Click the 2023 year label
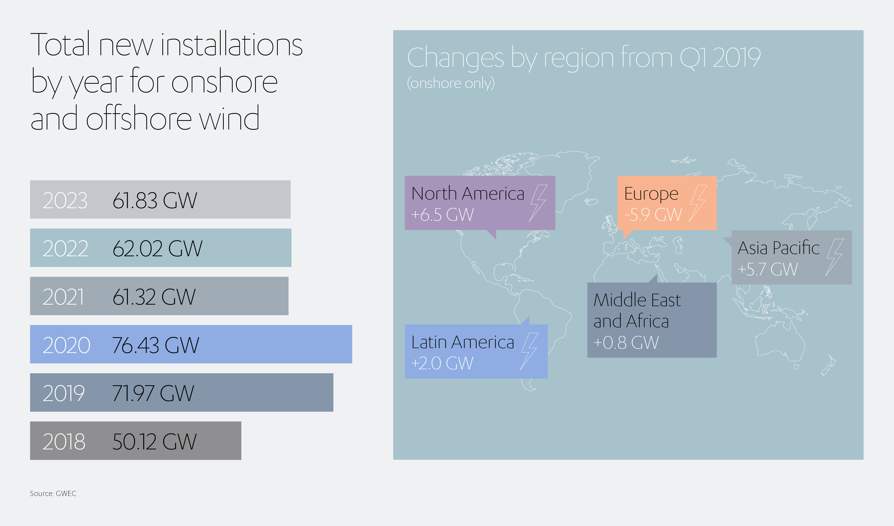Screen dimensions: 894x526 (x=65, y=200)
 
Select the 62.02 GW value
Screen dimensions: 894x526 (x=157, y=248)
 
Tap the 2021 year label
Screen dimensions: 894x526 (x=63, y=297)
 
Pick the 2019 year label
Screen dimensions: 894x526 (x=64, y=393)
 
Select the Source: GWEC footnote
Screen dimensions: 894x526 (x=53, y=493)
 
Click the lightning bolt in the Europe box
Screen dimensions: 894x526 (x=698, y=204)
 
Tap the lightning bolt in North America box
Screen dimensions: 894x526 (x=538, y=204)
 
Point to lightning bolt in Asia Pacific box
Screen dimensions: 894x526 (x=834, y=257)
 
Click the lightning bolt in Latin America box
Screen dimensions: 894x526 (x=529, y=351)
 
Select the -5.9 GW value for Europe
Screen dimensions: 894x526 (x=653, y=215)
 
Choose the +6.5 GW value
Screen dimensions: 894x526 (x=442, y=215)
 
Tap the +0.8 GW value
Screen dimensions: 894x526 (x=626, y=343)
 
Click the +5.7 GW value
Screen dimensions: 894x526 (x=768, y=269)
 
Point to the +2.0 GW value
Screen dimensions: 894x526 (x=442, y=363)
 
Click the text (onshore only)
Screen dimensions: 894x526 (x=451, y=83)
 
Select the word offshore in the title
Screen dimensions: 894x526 (x=139, y=117)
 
